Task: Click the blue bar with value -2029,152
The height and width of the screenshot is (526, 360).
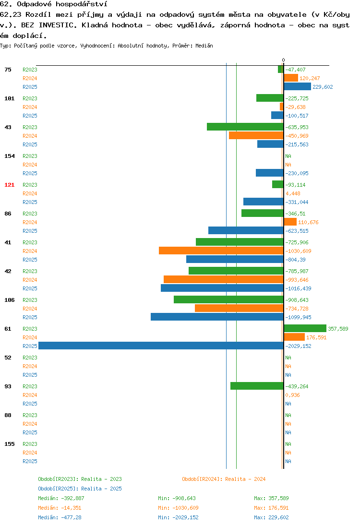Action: pos(161,346)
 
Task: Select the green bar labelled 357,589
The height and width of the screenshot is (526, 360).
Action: pos(305,328)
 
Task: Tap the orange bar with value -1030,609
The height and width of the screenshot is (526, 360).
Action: pos(221,251)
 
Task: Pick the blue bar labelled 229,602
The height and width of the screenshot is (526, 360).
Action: pos(297,86)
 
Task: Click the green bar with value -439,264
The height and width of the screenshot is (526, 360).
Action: pos(257,386)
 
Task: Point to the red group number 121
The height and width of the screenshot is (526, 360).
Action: pos(10,185)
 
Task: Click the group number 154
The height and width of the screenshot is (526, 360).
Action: pos(10,156)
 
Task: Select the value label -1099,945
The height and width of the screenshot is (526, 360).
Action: pos(298,317)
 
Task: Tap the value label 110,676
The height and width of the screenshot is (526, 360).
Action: pos(308,222)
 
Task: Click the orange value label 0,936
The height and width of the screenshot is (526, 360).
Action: pos(293,395)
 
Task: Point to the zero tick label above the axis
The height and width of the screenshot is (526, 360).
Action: pos(284,60)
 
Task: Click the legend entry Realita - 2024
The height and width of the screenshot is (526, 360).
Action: pos(224,479)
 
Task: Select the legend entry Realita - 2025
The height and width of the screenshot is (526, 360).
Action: pos(80,489)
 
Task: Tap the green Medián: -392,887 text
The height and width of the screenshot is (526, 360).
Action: pos(61,499)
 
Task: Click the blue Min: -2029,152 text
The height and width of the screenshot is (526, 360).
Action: pos(178,518)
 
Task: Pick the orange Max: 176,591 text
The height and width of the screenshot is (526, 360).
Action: pos(271,508)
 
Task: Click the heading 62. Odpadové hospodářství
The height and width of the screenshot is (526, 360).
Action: pos(54,4)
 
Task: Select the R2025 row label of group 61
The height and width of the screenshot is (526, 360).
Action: pos(30,346)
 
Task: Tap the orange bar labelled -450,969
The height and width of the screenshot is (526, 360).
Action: pos(256,135)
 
